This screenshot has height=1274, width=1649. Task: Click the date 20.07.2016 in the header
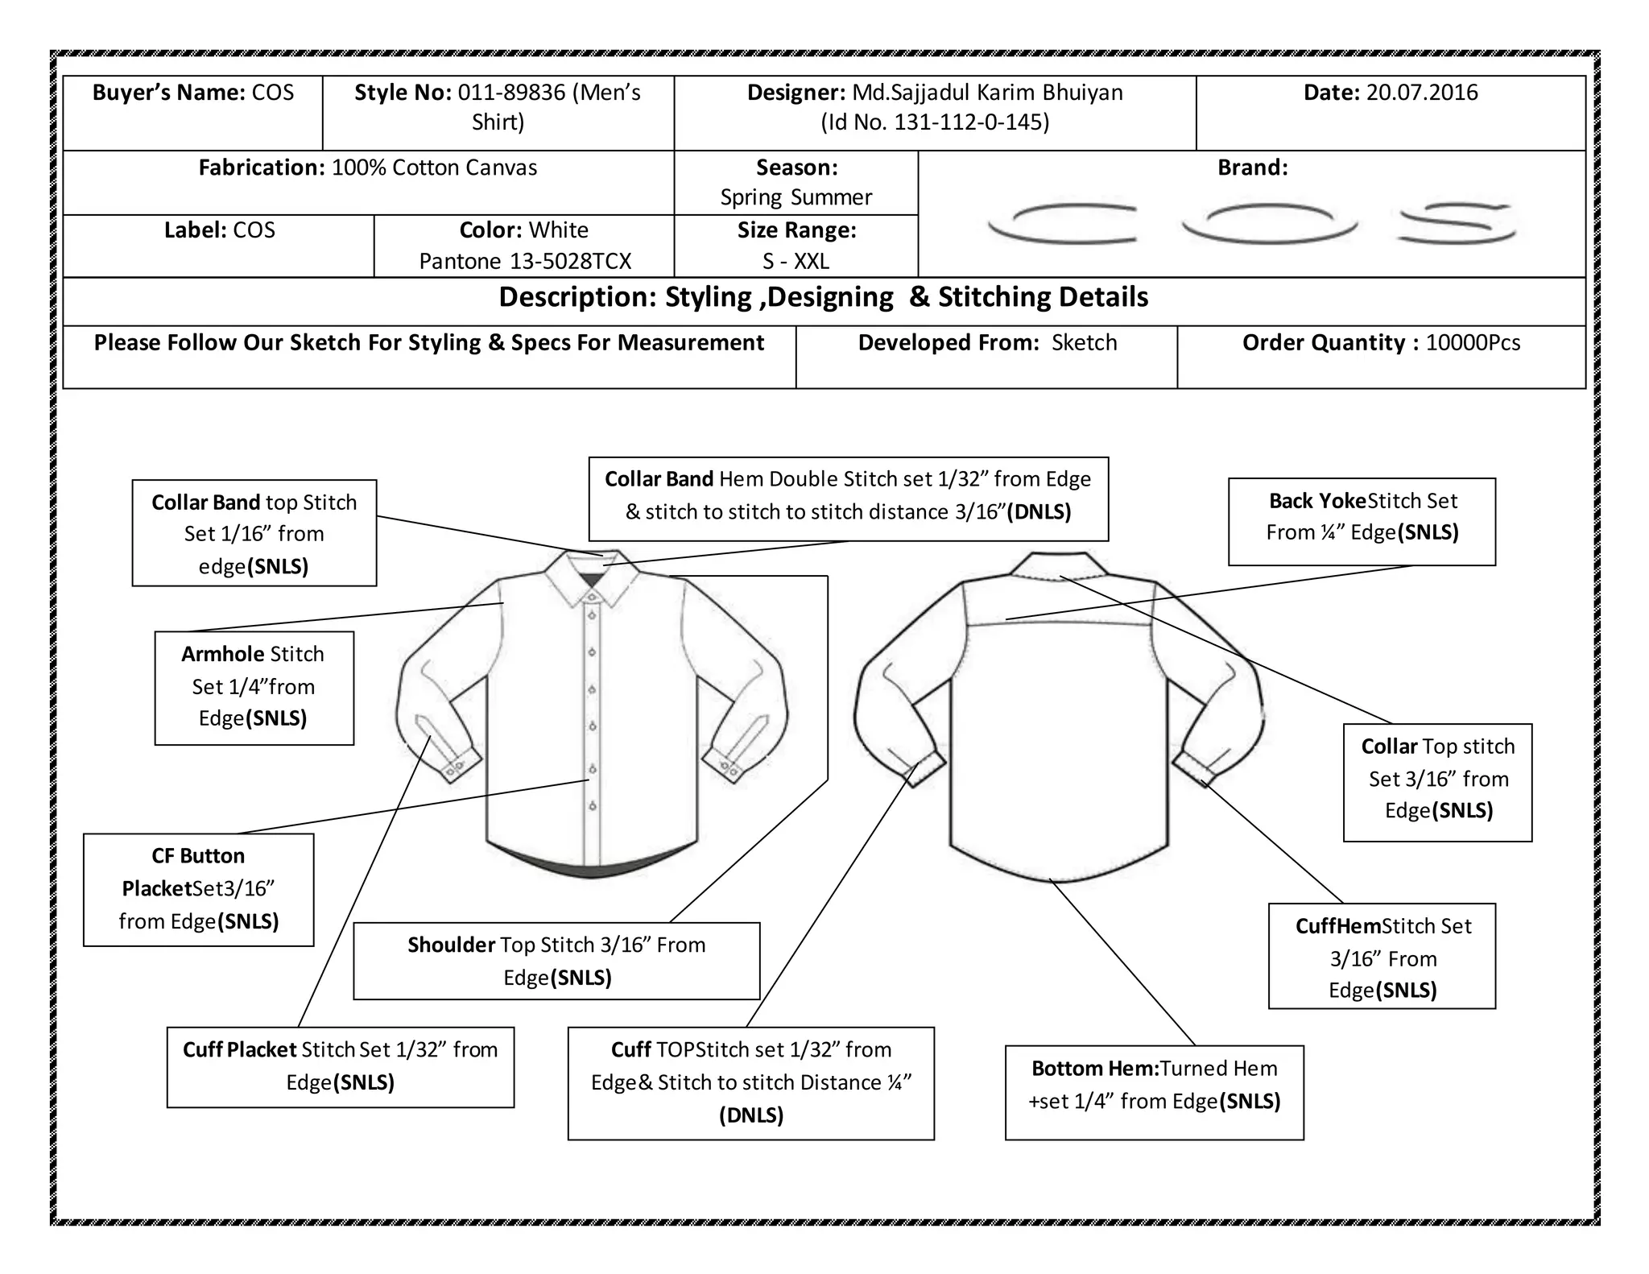click(x=1421, y=93)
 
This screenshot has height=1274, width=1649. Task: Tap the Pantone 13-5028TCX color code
click(x=525, y=261)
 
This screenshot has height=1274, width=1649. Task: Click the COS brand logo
click(x=1252, y=221)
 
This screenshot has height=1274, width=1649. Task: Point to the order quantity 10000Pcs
click(x=1473, y=343)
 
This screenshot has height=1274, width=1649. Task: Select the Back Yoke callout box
click(x=1362, y=521)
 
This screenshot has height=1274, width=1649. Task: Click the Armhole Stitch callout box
click(x=254, y=687)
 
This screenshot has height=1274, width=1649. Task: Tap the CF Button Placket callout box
click(x=198, y=889)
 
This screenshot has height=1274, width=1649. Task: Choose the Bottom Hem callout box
click(x=1154, y=1092)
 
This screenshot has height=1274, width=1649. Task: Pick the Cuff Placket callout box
click(x=340, y=1066)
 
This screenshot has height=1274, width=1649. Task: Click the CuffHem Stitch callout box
click(x=1382, y=956)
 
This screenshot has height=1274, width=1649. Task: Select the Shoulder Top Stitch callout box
click(x=556, y=961)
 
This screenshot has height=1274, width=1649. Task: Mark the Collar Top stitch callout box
click(x=1437, y=782)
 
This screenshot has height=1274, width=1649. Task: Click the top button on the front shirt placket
click(x=592, y=597)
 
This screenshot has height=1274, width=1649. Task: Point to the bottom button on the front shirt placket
click(x=593, y=805)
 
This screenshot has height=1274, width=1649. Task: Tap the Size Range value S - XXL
click(x=796, y=261)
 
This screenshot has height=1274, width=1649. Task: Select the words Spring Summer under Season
click(x=796, y=197)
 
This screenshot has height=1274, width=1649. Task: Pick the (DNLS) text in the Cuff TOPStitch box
click(x=750, y=1115)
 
